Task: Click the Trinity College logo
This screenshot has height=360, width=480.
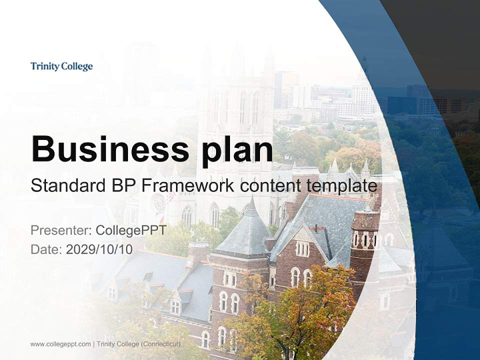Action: pyautogui.click(x=61, y=66)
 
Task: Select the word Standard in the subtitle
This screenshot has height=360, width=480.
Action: pyautogui.click(x=65, y=186)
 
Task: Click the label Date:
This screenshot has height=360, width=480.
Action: pyautogui.click(x=46, y=249)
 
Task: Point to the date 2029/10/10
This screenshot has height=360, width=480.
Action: pyautogui.click(x=99, y=249)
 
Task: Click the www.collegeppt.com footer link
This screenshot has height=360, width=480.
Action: pyautogui.click(x=60, y=344)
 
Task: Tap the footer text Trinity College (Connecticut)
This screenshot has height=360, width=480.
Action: pyautogui.click(x=138, y=344)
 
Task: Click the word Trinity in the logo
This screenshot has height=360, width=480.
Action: pyautogui.click(x=44, y=66)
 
